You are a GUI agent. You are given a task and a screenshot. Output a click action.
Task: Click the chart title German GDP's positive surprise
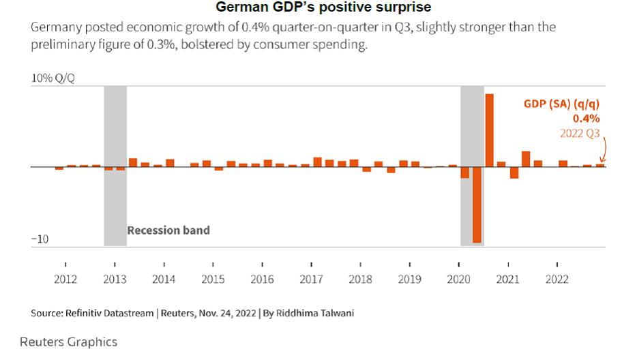323,8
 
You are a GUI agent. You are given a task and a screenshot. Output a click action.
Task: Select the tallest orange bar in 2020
489,130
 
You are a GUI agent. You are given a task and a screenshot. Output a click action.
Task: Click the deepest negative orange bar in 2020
477,205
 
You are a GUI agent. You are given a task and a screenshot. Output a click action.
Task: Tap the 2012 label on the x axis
65,280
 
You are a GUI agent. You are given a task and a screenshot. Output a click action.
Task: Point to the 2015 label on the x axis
213,280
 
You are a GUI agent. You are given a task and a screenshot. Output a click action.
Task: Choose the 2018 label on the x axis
360,280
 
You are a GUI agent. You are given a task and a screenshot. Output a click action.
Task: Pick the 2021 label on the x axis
508,280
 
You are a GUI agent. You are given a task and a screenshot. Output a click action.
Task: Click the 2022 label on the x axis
557,280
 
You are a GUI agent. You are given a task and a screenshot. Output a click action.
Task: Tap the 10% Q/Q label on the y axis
53,78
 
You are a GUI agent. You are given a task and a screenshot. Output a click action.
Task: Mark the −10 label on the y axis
41,239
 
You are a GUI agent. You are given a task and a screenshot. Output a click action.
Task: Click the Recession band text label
168,230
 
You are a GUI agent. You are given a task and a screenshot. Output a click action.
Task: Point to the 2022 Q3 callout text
580,134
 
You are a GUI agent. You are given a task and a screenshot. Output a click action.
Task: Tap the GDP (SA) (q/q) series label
561,104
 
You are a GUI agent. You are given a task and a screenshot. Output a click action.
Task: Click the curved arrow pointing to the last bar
604,147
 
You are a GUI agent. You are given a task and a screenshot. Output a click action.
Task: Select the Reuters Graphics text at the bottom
68,342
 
